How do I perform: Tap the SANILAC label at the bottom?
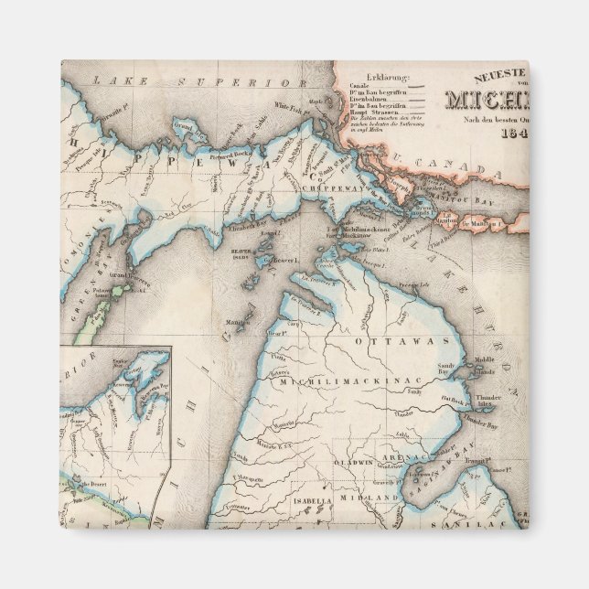[x=487, y=525]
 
